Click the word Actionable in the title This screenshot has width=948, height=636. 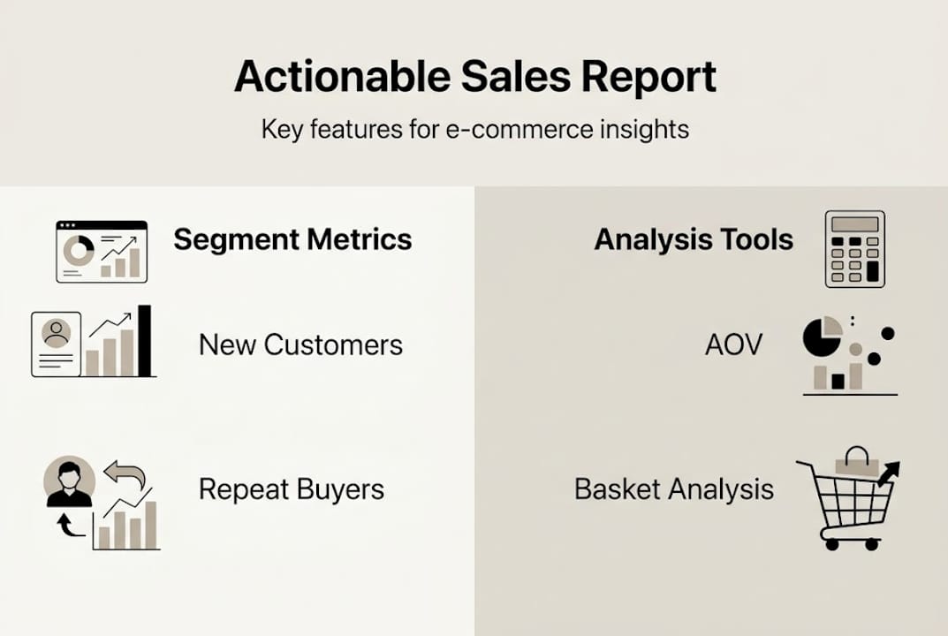tap(342, 77)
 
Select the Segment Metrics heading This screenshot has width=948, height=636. tap(292, 239)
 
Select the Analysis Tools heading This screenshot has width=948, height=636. tap(694, 239)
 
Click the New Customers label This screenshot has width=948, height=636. tap(300, 344)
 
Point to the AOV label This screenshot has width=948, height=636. tap(733, 344)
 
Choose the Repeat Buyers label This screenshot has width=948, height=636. tap(292, 488)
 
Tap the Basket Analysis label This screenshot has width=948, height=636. tap(674, 488)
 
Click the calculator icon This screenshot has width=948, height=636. tap(854, 249)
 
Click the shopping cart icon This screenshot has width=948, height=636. tap(848, 499)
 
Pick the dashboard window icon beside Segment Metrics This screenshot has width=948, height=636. tap(102, 252)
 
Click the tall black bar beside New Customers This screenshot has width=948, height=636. tap(145, 341)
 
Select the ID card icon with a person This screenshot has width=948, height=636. tap(57, 344)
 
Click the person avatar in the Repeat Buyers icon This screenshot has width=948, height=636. tap(69, 482)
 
